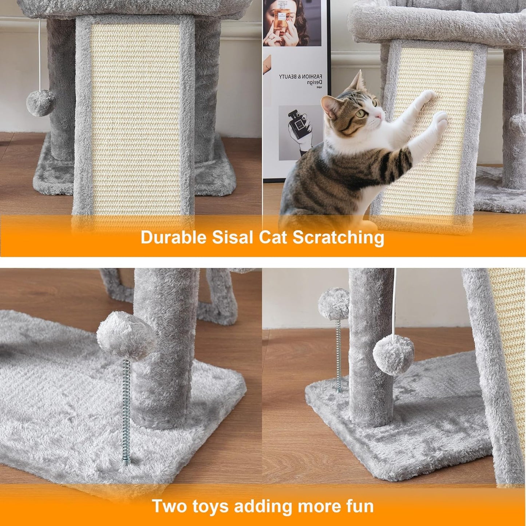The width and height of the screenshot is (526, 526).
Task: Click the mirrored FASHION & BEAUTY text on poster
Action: click(301, 77)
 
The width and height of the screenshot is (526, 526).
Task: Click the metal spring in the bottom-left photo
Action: click(126, 411)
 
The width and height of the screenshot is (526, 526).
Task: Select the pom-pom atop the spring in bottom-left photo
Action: click(126, 335)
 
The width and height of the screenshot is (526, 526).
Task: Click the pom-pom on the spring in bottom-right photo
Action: click(333, 303)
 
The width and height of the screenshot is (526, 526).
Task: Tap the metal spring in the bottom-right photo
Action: click(338, 355)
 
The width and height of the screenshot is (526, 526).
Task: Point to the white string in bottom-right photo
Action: click(395, 302)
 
